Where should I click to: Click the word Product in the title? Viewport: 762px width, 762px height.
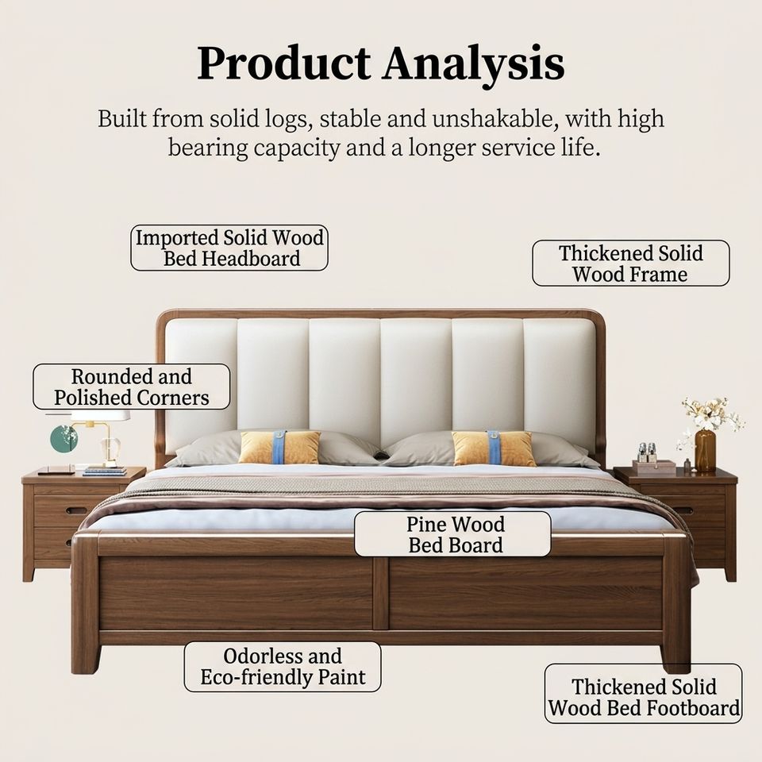point(283,63)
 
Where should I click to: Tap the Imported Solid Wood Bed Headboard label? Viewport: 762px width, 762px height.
point(229,248)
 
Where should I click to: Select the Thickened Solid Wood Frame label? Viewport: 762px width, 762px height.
point(631,264)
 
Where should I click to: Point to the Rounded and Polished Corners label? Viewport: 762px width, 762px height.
point(131,387)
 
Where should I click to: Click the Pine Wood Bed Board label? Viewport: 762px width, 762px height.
point(453,534)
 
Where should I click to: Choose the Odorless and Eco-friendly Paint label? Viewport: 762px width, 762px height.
point(283,667)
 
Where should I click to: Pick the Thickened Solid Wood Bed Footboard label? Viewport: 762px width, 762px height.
point(644,694)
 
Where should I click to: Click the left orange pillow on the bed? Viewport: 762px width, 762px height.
point(279,447)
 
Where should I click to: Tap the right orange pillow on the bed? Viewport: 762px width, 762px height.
point(493,448)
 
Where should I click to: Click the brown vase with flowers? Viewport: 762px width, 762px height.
point(705,451)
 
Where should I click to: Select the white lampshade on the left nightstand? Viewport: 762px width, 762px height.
point(100,415)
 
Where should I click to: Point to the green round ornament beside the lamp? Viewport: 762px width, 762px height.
point(64,438)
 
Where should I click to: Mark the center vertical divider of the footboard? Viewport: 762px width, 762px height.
point(381,594)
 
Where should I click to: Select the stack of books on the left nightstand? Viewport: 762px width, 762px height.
point(105,471)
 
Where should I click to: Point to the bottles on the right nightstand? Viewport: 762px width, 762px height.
point(648,452)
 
